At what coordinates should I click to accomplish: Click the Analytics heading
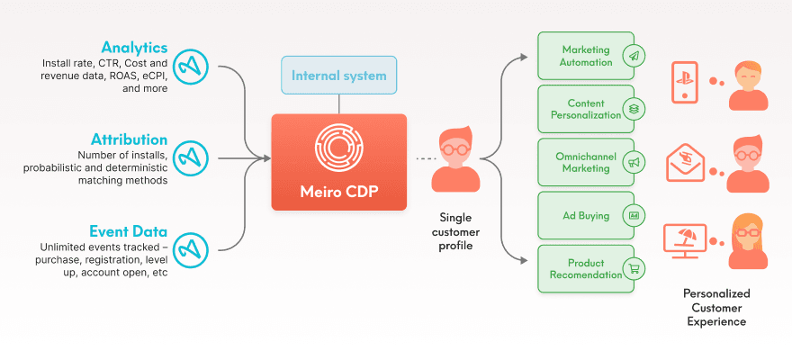pyautogui.click(x=134, y=47)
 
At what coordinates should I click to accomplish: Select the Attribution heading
pyautogui.click(x=129, y=139)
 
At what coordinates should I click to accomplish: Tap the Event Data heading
pyautogui.click(x=127, y=230)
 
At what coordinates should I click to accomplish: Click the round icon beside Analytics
pyautogui.click(x=190, y=64)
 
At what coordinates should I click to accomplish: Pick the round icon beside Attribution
pyautogui.click(x=190, y=157)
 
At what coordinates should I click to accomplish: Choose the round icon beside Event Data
pyautogui.click(x=190, y=247)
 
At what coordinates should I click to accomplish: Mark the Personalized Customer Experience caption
pyautogui.click(x=716, y=307)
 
